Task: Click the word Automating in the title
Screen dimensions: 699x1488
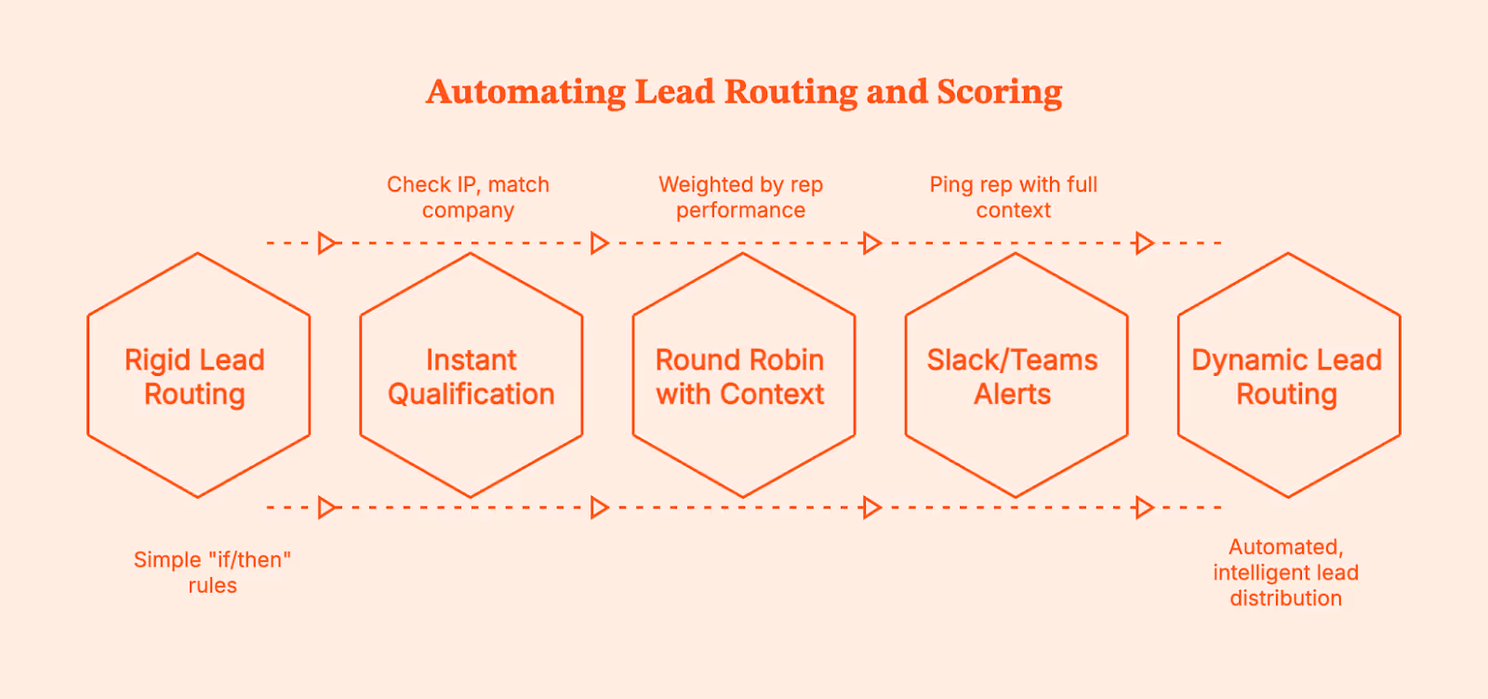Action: coord(525,92)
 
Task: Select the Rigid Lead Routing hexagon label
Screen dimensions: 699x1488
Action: coord(194,377)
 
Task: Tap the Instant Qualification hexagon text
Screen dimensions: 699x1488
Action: coord(471,377)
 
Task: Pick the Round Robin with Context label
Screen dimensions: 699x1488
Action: coord(740,377)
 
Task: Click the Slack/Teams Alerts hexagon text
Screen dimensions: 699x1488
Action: coord(1012,377)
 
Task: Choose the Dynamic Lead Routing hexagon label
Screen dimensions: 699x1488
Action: coord(1286,377)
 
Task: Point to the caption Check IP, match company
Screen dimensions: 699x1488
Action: coord(468,197)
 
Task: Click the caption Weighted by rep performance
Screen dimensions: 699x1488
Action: coord(740,197)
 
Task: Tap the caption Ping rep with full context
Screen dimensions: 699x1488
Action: coord(1013,197)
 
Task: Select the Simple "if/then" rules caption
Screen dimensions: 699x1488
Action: coord(212,572)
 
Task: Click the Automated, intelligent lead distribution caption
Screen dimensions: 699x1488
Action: coord(1285,572)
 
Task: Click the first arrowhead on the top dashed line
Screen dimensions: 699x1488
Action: coord(326,243)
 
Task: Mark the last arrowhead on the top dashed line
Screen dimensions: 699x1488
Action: coord(1144,243)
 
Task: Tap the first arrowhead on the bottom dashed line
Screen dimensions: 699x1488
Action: coord(326,507)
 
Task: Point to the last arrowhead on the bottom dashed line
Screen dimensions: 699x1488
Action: coord(1144,507)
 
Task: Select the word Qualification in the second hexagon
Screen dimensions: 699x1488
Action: coord(471,395)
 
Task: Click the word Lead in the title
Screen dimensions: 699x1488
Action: coord(674,92)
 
